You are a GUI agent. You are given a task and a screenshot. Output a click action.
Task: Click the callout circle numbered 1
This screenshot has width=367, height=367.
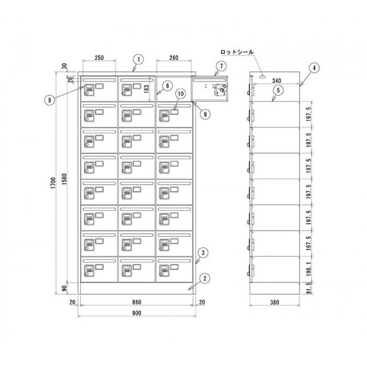pos(138,59)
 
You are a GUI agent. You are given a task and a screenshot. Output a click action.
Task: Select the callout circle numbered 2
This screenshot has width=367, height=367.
pos(205,278)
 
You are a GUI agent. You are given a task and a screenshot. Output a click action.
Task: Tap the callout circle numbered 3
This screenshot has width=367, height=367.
pos(203,253)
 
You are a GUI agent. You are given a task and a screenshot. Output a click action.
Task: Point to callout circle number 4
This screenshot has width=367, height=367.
pos(314,68)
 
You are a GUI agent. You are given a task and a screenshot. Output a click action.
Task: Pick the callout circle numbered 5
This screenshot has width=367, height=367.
pos(278,90)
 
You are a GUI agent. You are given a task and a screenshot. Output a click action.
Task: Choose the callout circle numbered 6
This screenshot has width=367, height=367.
pos(168,86)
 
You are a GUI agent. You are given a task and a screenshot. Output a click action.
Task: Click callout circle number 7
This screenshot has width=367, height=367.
pos(221,66)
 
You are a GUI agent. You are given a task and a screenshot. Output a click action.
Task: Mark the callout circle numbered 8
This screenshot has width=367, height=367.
pos(49,100)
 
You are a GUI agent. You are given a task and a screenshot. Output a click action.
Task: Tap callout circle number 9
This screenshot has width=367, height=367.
pos(205,114)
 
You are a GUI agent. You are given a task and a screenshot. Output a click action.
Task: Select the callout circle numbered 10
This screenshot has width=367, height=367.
pos(180,94)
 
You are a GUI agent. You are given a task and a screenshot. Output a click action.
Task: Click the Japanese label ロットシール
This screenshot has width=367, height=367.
pos(237,52)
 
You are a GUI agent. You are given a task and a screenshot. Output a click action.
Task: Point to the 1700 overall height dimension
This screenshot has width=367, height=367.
pos(53,183)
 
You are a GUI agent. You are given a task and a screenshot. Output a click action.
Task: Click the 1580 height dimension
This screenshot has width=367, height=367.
pos(64,179)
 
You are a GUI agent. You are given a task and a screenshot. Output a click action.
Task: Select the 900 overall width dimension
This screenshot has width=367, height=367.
pos(136,313)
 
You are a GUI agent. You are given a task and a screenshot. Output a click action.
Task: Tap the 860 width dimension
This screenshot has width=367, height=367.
pos(136,302)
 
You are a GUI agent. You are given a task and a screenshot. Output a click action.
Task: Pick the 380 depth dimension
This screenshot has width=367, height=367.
pos(274,303)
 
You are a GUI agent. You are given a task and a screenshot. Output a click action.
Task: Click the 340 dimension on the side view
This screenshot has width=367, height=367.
pos(276,81)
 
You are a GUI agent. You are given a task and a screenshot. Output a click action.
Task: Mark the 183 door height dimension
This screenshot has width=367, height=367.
pos(146,89)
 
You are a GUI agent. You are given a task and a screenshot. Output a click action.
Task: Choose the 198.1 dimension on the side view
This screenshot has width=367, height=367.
pos(309,269)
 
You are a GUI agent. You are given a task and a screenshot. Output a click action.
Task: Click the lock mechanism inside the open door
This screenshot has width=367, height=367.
pos(221,90)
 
